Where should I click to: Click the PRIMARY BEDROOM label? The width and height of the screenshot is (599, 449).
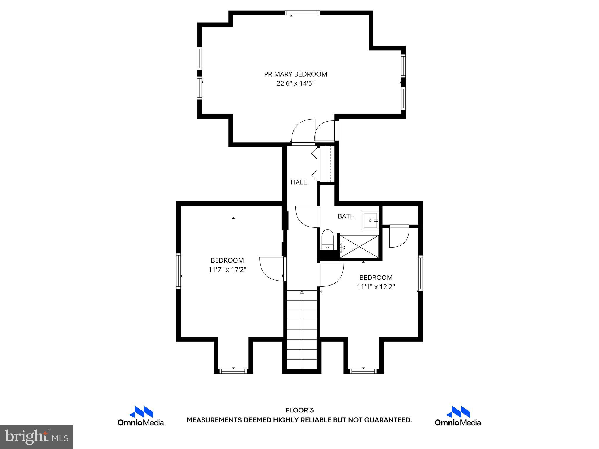click(x=295, y=74)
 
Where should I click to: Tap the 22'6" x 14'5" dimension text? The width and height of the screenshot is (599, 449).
click(x=295, y=84)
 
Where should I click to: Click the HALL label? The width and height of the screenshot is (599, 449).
click(x=299, y=182)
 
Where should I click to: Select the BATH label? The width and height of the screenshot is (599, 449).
click(x=346, y=216)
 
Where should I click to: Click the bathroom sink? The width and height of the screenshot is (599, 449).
click(x=371, y=220)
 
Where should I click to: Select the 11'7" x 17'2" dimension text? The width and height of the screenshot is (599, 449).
click(x=227, y=270)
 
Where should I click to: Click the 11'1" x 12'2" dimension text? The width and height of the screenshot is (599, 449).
click(x=376, y=287)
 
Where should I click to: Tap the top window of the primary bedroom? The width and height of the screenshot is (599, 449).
click(x=302, y=13)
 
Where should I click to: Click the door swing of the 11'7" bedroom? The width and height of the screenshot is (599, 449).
click(x=271, y=268)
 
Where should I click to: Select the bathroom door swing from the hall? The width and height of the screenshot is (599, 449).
click(x=306, y=216)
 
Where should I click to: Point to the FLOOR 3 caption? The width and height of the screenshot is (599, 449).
click(x=299, y=410)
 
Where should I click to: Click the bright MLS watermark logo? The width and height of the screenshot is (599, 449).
click(x=37, y=437)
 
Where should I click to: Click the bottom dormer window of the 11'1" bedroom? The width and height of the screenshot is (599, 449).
click(x=363, y=371)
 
